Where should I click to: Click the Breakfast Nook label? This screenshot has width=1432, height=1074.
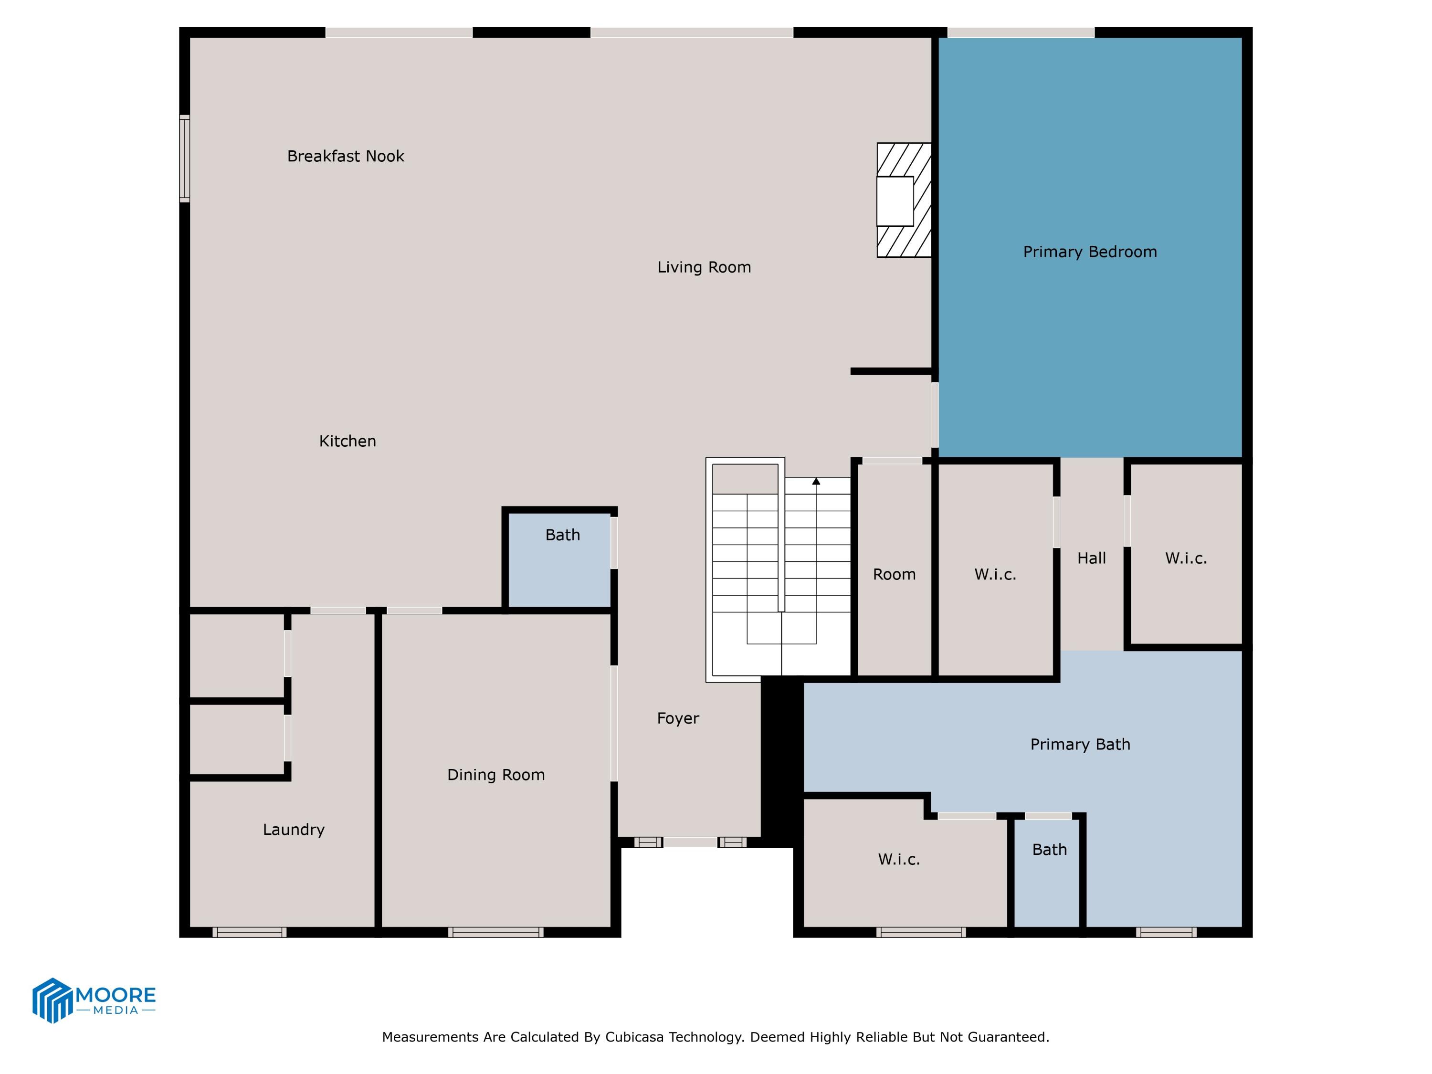(345, 156)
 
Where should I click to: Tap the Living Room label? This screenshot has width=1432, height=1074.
(704, 267)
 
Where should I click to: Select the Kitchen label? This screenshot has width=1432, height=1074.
(347, 441)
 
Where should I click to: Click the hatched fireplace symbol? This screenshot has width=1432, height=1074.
(904, 200)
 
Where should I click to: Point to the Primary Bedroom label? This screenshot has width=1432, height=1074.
(1090, 252)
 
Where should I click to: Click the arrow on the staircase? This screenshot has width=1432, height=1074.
(816, 482)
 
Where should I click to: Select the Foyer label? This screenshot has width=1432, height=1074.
(678, 718)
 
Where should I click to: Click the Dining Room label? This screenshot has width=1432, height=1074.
(496, 775)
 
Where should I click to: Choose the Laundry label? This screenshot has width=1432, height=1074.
(293, 829)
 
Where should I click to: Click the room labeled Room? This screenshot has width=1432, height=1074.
(894, 574)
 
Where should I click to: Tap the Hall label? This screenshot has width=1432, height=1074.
(1092, 558)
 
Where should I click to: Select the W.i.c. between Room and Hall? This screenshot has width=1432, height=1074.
(995, 574)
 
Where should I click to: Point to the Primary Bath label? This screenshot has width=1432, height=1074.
(1080, 745)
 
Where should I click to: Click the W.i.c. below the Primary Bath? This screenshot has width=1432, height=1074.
(898, 859)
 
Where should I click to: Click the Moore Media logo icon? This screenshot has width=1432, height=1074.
(52, 1000)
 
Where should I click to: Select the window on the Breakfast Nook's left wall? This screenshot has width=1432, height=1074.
(185, 158)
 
